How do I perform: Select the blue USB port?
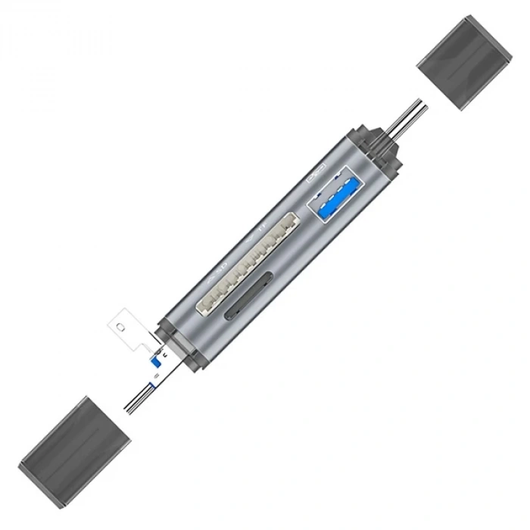coord(335,195)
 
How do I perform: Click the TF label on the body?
coord(262,225)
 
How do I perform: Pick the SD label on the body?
coord(222,266)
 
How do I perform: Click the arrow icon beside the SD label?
coord(212,277)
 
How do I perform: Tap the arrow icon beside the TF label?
coord(251,235)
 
